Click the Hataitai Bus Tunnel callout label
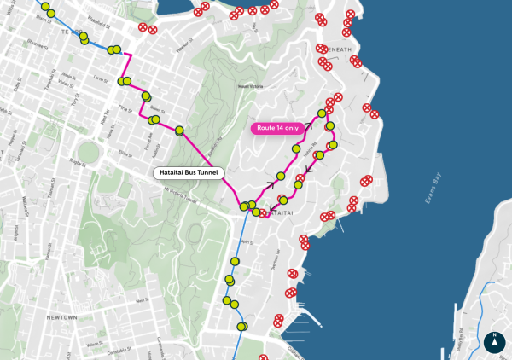coord(189,172)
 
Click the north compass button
coord(493,342)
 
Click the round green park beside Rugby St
coord(90,158)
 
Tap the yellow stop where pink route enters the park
coord(180,131)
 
